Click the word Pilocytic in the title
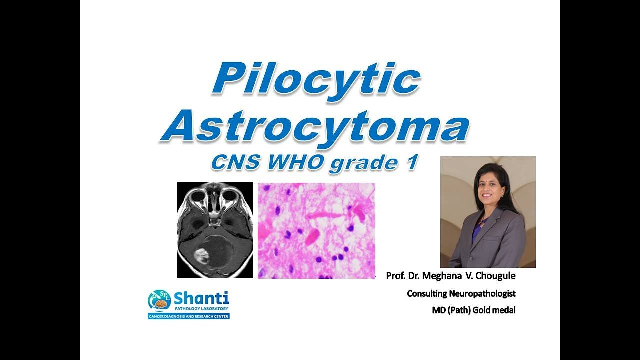pos(316,79)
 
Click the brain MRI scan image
pos(215,230)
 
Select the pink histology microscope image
pos(316,230)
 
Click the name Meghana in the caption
pos(444,276)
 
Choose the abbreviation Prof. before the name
pos(395,276)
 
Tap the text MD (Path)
pos(448,310)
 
